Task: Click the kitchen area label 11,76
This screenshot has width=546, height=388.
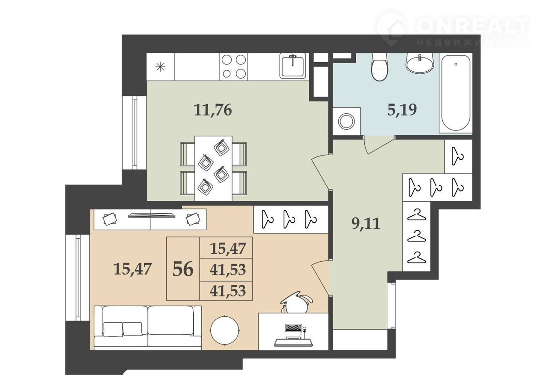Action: pyautogui.click(x=213, y=110)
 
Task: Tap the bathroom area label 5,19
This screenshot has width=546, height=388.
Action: pyautogui.click(x=402, y=110)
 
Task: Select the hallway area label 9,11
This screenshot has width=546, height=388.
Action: pyautogui.click(x=366, y=224)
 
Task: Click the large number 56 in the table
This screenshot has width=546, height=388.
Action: pyautogui.click(x=183, y=269)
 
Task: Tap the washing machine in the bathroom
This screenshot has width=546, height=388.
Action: pyautogui.click(x=346, y=121)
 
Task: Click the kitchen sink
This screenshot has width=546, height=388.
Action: pyautogui.click(x=293, y=66)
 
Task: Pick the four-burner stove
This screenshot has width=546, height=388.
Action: pyautogui.click(x=233, y=67)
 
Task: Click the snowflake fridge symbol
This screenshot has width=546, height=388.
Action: pyautogui.click(x=160, y=67)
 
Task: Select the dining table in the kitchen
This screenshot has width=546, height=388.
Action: pyautogui.click(x=213, y=168)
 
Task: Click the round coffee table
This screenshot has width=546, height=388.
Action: pyautogui.click(x=224, y=330)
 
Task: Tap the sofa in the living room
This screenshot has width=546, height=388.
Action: pyautogui.click(x=148, y=328)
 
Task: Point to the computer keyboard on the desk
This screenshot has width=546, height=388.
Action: pyautogui.click(x=293, y=328)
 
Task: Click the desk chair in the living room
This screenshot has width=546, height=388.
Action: pyautogui.click(x=296, y=303)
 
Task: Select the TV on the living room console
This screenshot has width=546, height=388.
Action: pyautogui.click(x=151, y=215)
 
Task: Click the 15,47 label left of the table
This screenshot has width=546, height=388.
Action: pyautogui.click(x=133, y=269)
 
